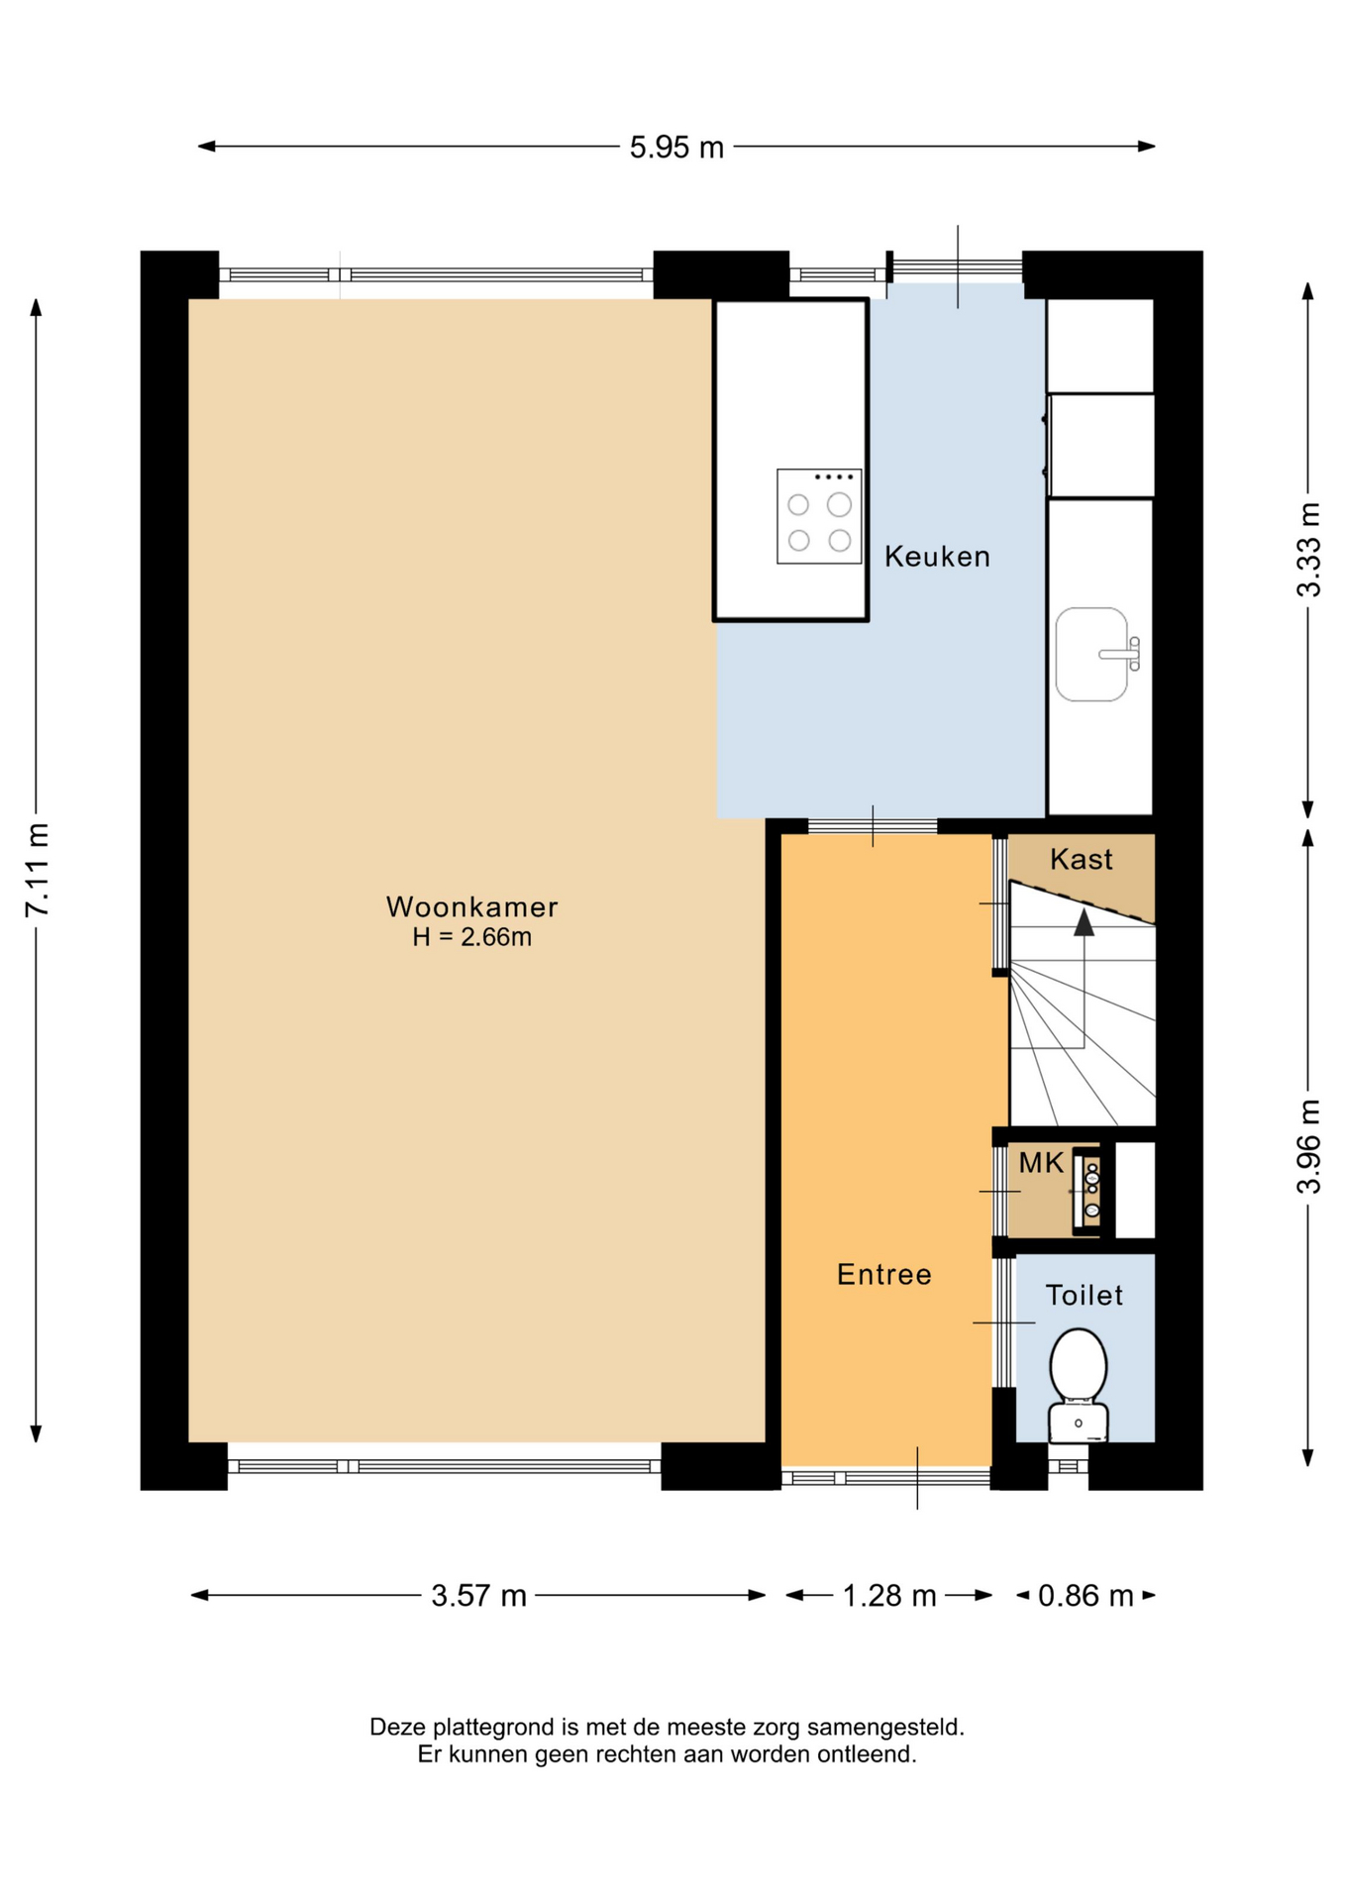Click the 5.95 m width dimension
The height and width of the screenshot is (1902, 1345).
[676, 148]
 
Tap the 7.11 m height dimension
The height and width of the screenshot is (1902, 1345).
[37, 870]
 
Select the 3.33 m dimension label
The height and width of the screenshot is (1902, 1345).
[1308, 550]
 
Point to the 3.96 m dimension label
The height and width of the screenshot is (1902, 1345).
[1308, 1146]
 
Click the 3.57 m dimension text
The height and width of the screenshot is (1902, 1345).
[478, 1596]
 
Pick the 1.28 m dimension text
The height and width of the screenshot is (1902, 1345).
[888, 1596]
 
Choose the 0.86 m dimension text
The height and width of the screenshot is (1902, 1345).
[1086, 1596]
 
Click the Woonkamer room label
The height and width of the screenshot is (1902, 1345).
[472, 906]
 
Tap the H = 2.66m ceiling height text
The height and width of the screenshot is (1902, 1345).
[472, 937]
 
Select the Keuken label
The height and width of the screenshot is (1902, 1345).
[937, 557]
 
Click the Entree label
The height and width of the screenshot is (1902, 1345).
[884, 1274]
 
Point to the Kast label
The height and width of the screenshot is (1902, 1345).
[1081, 859]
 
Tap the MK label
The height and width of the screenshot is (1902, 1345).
[1041, 1163]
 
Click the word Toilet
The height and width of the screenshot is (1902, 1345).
[1085, 1295]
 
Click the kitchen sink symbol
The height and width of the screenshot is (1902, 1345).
[1097, 654]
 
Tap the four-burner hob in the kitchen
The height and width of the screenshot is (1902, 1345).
[819, 516]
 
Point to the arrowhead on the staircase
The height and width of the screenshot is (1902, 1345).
[1085, 922]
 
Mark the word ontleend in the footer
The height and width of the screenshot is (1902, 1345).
[873, 1754]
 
